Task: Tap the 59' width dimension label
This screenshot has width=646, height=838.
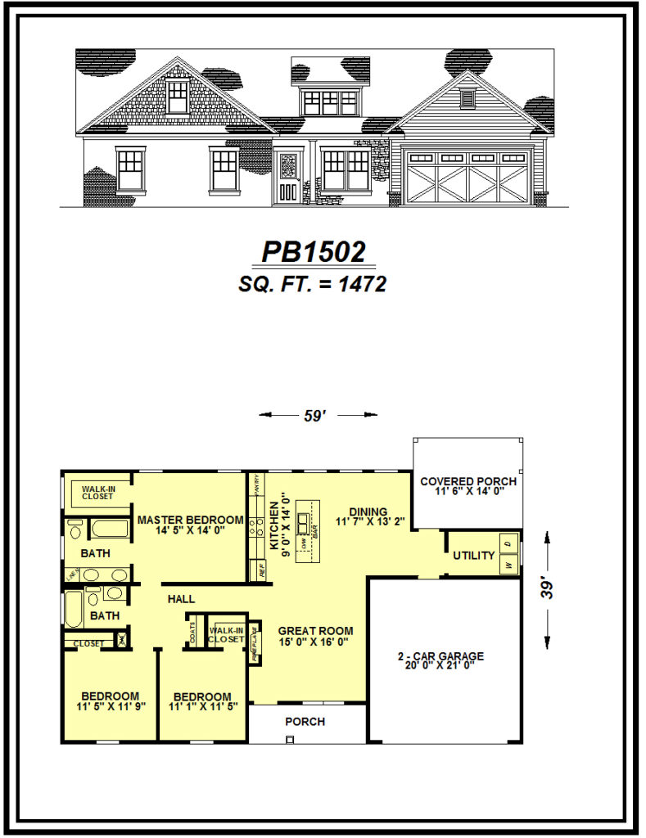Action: click(315, 416)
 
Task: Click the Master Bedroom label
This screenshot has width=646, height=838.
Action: click(190, 520)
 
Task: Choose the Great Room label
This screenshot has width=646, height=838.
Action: click(315, 631)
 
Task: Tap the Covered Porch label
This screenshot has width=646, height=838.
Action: click(468, 481)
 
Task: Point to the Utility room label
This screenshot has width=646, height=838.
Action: click(474, 556)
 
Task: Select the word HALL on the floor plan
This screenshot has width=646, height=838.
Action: click(181, 599)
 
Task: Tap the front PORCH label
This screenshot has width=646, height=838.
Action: click(305, 722)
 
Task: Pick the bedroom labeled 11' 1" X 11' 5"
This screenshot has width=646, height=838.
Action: click(201, 702)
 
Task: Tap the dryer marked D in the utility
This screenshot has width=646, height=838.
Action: click(508, 543)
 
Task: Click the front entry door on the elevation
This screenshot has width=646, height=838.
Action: click(287, 176)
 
